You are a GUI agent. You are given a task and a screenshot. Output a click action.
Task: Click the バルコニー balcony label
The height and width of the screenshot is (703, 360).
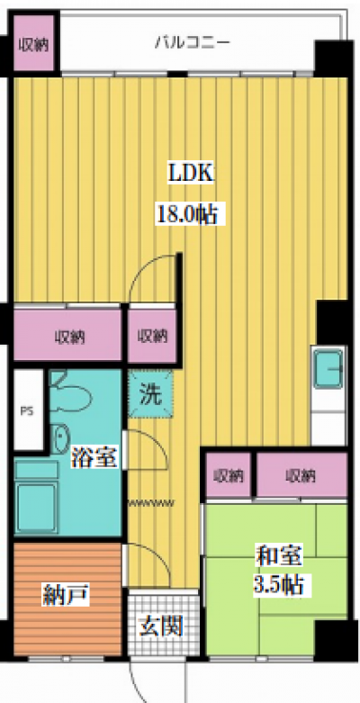coord(192,41)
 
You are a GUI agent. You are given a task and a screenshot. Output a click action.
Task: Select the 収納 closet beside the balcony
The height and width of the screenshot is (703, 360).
coord(34,43)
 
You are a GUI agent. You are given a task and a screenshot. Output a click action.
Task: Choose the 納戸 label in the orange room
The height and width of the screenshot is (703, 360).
coord(65,595)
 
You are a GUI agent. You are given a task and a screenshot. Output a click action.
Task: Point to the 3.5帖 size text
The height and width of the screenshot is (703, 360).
coord(275,586)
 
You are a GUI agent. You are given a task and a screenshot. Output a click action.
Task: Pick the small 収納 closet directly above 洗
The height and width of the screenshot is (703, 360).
coord(152,337)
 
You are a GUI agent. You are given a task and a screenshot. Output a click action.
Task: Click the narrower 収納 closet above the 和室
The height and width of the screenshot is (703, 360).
coord(229,474)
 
